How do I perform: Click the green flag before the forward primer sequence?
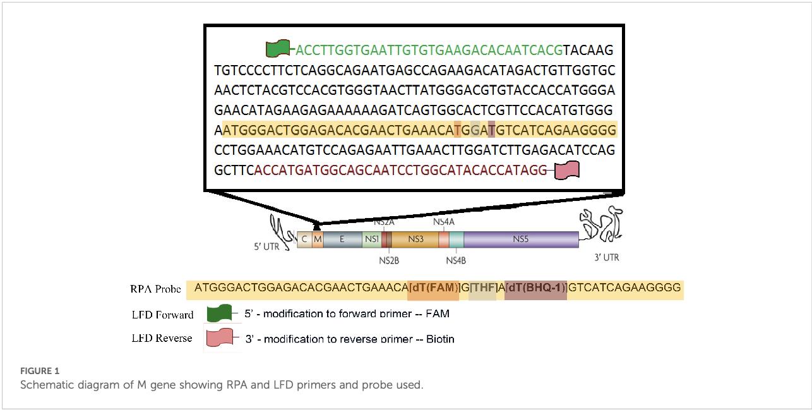tap(278, 49)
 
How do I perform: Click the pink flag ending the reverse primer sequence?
tap(566, 169)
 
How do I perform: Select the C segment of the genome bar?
tap(304, 239)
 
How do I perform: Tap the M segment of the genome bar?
tap(318, 239)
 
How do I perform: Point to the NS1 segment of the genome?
tap(371, 239)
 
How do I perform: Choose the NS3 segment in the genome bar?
tap(415, 239)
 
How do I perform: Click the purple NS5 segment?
tap(520, 239)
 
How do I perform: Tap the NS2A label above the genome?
tap(384, 222)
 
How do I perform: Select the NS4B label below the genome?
tap(456, 260)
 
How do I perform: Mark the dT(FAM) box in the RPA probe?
tap(434, 288)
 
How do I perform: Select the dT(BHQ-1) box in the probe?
tap(535, 288)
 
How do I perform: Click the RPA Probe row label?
tap(155, 289)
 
